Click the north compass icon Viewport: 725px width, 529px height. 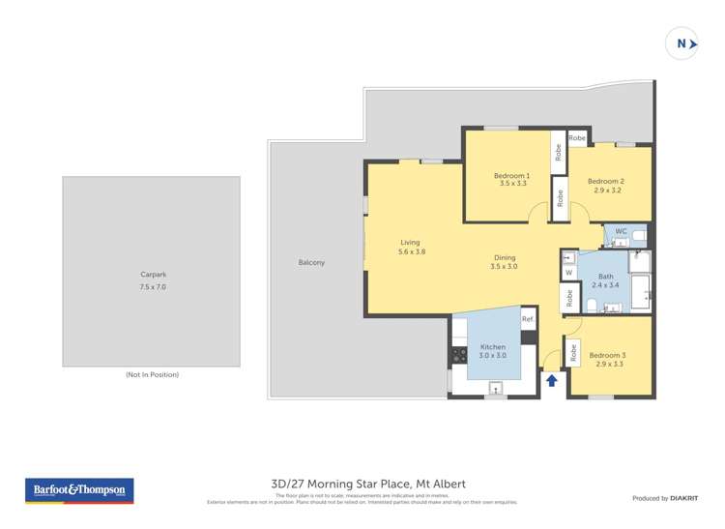click(682, 44)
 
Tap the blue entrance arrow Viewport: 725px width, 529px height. click(551, 380)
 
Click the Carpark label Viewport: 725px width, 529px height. click(153, 275)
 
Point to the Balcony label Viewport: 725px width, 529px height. click(311, 263)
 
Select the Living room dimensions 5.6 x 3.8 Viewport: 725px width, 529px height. click(412, 251)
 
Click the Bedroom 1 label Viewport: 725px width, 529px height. click(511, 175)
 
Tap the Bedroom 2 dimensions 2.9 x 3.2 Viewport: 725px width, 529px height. click(606, 191)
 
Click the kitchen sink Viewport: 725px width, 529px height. click(496, 390)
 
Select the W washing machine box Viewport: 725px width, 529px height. click(569, 273)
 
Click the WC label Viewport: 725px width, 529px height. click(622, 231)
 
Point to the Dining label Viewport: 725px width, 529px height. click(504, 256)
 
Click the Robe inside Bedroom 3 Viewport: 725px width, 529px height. click(573, 355)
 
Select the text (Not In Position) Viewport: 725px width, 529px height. click(152, 374)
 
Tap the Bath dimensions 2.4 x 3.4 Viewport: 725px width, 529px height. click(605, 285)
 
